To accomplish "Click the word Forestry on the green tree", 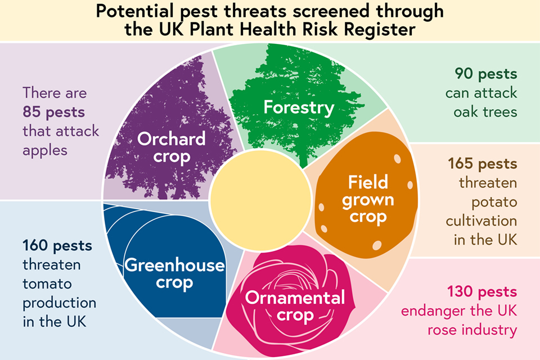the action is pyautogui.click(x=299, y=107).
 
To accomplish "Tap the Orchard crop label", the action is pyautogui.click(x=172, y=148).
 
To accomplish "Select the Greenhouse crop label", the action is pyautogui.click(x=174, y=274).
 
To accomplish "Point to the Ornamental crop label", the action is pyautogui.click(x=295, y=306).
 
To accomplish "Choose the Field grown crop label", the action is pyautogui.click(x=368, y=200).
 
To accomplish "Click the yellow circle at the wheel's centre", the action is pyautogui.click(x=260, y=200).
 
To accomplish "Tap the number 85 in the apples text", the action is pyautogui.click(x=32, y=112).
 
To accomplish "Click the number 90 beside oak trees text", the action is pyautogui.click(x=464, y=74).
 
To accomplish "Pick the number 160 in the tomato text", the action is pyautogui.click(x=35, y=246).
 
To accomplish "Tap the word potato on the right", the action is pyautogui.click(x=494, y=202).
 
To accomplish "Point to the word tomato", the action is pyautogui.click(x=47, y=284).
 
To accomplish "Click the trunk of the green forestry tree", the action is pyautogui.click(x=303, y=159).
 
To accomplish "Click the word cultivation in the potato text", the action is pyautogui.click(x=481, y=221).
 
